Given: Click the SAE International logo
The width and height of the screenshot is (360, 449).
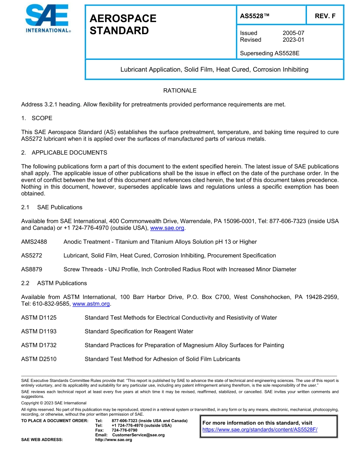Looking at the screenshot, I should coord(48,19).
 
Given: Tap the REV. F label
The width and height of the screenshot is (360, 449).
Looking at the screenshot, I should coord(325,16).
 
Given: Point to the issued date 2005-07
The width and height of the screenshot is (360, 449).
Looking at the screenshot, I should coord(293,33).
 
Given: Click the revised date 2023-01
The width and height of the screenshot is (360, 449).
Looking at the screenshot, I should coord(293,40).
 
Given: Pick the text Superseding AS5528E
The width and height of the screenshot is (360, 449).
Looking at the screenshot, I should coord(269,53).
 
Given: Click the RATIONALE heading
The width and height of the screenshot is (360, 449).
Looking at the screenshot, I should coord(180,91).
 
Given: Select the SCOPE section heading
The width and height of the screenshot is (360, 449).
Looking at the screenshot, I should coord(42,118).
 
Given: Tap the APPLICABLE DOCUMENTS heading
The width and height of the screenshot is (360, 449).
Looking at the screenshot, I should coord(69,153).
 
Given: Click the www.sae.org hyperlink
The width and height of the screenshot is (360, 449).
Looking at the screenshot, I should coord(167,228).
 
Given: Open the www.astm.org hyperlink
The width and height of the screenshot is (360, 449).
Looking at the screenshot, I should coord(91,304).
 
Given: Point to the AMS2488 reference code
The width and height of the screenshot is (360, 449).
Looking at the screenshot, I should coord(34,242).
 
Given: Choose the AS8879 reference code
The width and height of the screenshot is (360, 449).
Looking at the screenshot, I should coord(31,269).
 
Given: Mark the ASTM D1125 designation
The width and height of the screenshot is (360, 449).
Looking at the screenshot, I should coord(39,318).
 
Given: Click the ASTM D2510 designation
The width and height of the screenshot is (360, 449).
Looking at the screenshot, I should coord(39,359).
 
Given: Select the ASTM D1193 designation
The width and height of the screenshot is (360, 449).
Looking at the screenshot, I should coord(39,332).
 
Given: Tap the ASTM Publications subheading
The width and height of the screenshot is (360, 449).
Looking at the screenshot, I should coord(62,283).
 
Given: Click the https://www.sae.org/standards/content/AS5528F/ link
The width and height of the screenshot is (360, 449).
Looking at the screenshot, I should coord(260,430).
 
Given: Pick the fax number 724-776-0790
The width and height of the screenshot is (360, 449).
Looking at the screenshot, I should coord(124,430).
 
